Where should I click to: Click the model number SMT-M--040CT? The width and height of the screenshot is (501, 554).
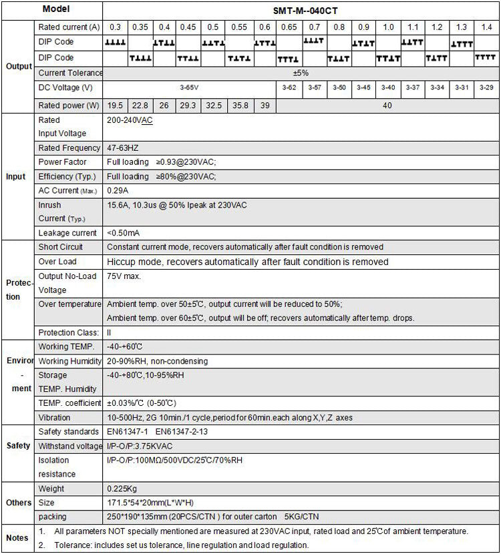301,9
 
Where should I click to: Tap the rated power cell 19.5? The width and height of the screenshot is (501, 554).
116,105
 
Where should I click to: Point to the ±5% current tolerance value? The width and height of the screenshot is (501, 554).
301,72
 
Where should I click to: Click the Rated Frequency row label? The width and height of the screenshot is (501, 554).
67,148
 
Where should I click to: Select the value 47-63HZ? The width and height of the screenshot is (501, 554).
124,148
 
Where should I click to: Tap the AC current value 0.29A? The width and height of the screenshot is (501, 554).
118,191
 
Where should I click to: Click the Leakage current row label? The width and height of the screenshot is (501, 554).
67,233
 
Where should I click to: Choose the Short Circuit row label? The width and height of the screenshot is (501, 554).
61,247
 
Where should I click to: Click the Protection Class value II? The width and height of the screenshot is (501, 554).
110,332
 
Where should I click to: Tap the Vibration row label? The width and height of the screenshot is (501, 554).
55,418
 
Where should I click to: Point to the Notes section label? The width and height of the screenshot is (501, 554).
17,537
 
